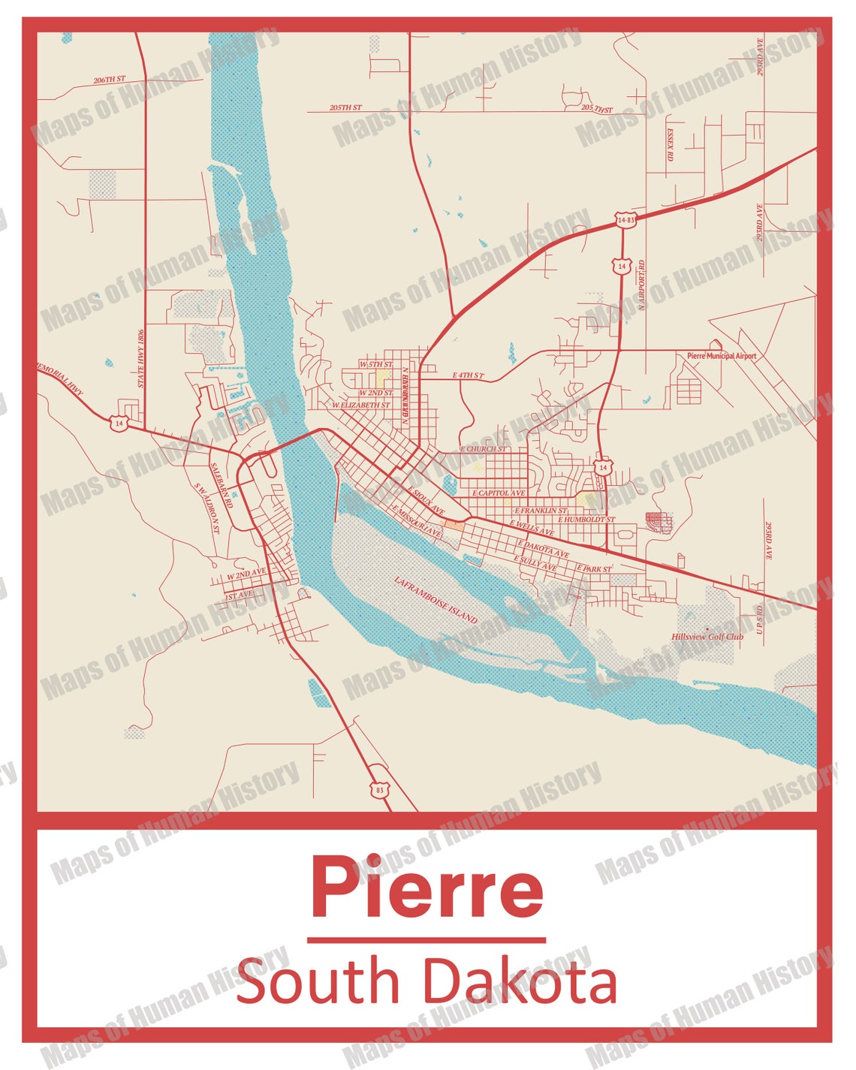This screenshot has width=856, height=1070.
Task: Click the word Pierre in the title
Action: (x=426, y=888)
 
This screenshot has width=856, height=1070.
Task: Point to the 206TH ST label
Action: (x=110, y=79)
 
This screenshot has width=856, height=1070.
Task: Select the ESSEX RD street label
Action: (x=670, y=144)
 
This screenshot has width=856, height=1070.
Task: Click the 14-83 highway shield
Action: (x=625, y=220)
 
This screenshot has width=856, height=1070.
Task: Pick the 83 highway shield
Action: (x=379, y=790)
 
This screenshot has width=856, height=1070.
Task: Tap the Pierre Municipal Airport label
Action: (x=722, y=356)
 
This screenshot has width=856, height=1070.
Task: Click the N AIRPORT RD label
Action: (x=643, y=286)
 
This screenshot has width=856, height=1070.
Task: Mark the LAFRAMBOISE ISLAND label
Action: (x=436, y=600)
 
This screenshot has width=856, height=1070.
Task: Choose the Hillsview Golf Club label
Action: (x=707, y=637)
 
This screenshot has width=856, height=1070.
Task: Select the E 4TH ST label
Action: (x=468, y=375)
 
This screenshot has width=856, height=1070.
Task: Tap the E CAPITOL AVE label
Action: (x=499, y=493)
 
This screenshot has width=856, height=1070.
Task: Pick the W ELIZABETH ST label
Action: (x=361, y=405)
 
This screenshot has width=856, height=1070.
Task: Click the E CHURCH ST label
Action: (x=483, y=449)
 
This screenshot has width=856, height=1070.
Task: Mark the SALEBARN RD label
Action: (x=222, y=485)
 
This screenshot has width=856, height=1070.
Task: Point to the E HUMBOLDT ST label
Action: (x=586, y=520)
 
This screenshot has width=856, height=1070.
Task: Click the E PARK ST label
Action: (x=594, y=569)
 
